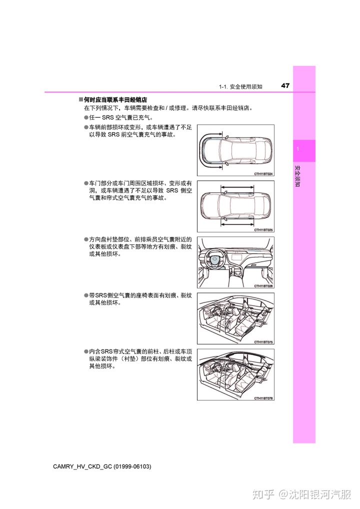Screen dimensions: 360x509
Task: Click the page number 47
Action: [x=285, y=85]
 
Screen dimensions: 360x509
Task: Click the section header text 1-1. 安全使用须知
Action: [x=240, y=86]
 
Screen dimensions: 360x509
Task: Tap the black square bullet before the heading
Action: [x=80, y=100]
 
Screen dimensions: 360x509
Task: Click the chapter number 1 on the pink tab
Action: [x=297, y=150]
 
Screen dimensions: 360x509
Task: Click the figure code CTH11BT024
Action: [x=263, y=173]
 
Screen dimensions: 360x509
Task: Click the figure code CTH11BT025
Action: [x=263, y=229]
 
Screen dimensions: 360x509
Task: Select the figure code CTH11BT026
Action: [x=263, y=286]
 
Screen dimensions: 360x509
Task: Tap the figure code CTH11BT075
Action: [x=263, y=342]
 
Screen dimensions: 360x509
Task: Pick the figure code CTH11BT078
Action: [x=263, y=398]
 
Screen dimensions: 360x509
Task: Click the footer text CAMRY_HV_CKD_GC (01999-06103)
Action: [x=101, y=466]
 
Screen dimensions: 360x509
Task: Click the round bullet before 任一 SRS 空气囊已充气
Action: [x=86, y=117]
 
